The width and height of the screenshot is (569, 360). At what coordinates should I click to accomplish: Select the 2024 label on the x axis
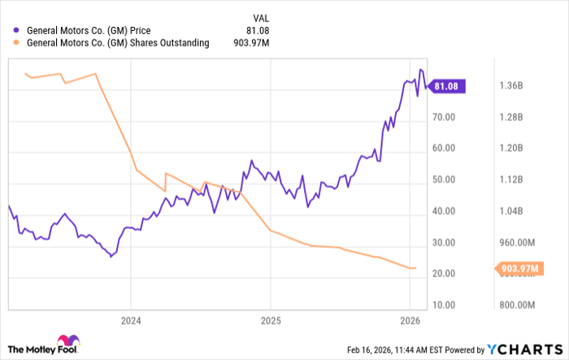(131, 321)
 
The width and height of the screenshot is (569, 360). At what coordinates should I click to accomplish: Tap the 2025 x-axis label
(271, 321)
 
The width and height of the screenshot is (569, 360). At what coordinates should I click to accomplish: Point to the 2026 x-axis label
(410, 321)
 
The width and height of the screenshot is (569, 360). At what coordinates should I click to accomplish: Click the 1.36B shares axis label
(511, 85)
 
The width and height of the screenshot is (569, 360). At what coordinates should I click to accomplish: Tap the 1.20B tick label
(511, 148)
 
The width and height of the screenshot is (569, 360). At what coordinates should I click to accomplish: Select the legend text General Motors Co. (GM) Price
(94, 31)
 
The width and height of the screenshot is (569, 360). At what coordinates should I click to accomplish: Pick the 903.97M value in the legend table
(252, 43)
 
